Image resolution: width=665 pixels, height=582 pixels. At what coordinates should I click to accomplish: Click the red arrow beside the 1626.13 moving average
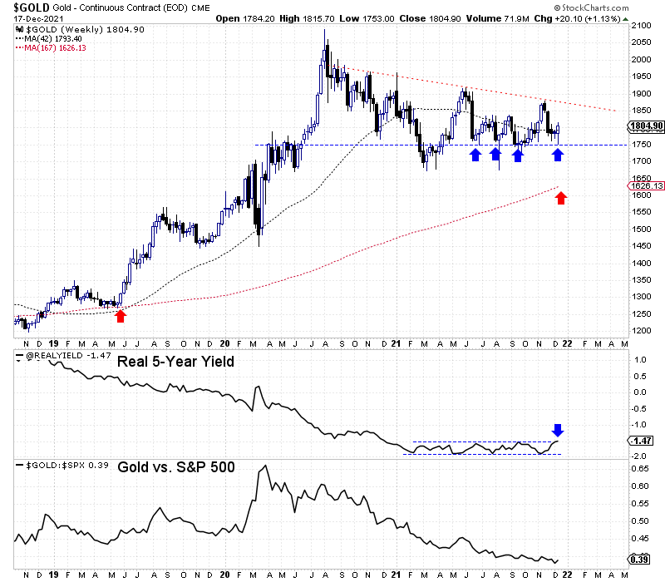561,198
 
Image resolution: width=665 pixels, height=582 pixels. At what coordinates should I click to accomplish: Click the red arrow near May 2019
121,315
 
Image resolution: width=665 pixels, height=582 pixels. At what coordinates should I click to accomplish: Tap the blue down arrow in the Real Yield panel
558,430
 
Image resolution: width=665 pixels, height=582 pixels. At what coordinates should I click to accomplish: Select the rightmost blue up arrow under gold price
558,155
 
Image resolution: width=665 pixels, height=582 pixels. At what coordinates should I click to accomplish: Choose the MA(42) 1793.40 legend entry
52,38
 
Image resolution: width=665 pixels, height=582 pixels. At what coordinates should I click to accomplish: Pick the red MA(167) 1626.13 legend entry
55,47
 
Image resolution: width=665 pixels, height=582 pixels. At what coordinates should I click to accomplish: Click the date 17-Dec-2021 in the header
34,18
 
